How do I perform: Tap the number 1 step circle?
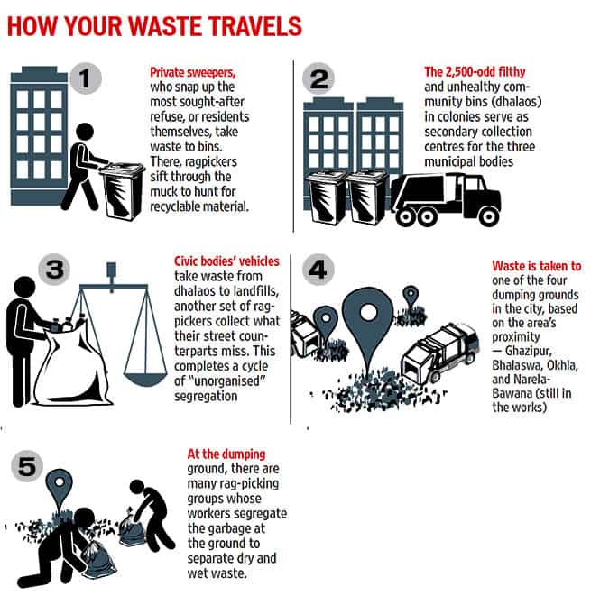86,78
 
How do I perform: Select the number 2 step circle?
318,78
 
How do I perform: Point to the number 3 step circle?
54,270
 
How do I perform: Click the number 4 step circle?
318,270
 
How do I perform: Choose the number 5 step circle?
27,466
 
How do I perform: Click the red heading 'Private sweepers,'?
193,72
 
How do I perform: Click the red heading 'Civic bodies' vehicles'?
226,261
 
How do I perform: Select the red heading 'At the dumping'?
226,454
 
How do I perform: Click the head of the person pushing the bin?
85,132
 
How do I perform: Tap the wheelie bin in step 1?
122,191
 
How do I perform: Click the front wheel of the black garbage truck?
488,216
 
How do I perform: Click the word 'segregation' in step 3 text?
206,396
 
